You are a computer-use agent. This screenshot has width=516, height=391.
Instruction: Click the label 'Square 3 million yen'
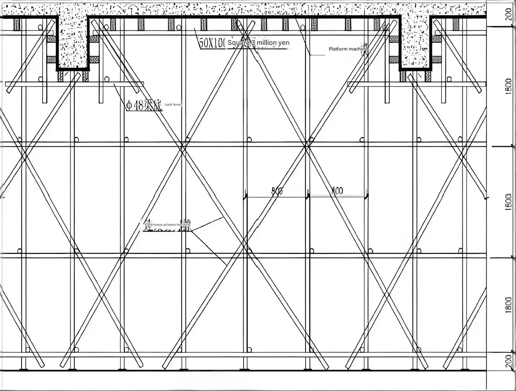pos(258,43)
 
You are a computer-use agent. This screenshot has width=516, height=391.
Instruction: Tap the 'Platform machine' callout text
pos(348,49)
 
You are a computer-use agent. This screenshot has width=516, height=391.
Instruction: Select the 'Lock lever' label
pos(173,104)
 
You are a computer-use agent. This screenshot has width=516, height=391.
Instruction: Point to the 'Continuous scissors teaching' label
pos(167,225)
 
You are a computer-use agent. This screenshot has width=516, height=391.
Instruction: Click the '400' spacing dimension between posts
pos(337,191)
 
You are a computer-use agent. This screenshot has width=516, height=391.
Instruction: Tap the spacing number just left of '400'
pos(277,191)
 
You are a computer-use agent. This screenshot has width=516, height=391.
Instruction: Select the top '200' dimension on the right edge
pos(509,14)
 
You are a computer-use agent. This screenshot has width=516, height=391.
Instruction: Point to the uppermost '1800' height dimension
pos(509,86)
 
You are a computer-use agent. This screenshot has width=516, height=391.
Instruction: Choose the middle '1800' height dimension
pos(509,201)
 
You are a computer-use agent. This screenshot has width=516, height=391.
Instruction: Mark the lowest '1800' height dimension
pos(509,305)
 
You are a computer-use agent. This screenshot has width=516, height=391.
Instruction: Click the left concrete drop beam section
pos(73,41)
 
